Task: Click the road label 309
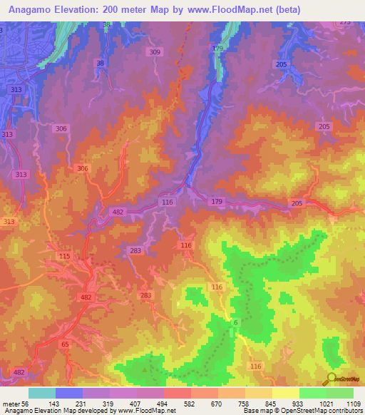(x=155, y=52)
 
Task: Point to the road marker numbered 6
(x=235, y=323)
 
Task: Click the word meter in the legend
(x=11, y=404)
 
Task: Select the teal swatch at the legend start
(x=42, y=393)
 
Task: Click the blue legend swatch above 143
(x=69, y=393)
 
